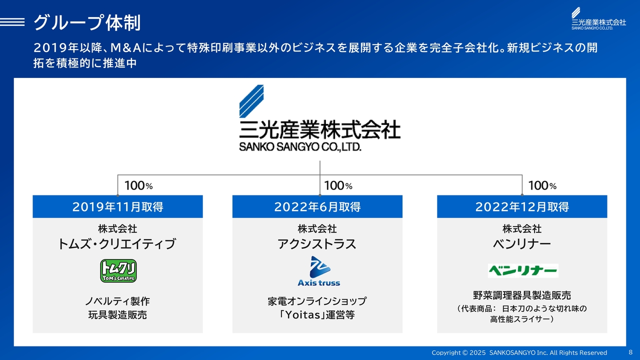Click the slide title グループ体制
click(87, 22)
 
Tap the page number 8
click(630, 352)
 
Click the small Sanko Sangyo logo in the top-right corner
click(598, 18)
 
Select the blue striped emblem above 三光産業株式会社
click(251, 101)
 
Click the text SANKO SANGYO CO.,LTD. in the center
click(300, 147)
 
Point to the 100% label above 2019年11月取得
click(138, 185)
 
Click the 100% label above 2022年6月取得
click(338, 185)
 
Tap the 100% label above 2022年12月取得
click(542, 185)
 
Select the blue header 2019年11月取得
click(117, 206)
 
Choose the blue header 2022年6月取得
click(317, 206)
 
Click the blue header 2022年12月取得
click(522, 206)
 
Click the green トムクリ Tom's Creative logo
click(118, 271)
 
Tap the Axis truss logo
click(319, 271)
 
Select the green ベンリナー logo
click(523, 270)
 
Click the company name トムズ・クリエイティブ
click(117, 244)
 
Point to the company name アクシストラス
click(317, 244)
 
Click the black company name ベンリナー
click(522, 244)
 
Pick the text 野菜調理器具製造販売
click(522, 295)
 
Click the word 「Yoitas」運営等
click(317, 315)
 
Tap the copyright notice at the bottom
click(519, 352)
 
